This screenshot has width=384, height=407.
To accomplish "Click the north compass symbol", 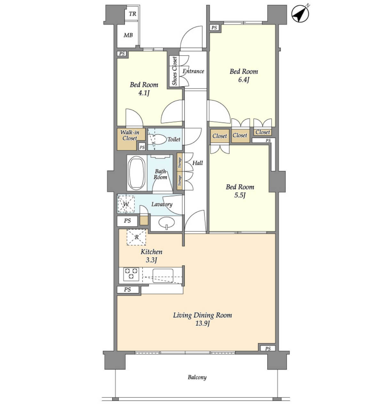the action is [x=300, y=13].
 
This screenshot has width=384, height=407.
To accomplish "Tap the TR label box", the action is [x=132, y=14].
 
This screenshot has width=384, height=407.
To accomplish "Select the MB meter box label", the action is [x=128, y=35].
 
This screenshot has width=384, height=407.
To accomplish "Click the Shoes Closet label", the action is [x=174, y=71].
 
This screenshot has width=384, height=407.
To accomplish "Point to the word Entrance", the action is [x=193, y=71].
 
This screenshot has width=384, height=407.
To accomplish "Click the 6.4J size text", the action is [x=244, y=80].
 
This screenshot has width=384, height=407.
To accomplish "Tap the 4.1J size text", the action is [x=144, y=93].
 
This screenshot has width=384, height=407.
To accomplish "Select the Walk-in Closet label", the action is [x=130, y=135].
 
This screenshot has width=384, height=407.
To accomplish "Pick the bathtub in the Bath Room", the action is [x=136, y=173].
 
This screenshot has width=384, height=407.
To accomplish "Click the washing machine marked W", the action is [x=126, y=204].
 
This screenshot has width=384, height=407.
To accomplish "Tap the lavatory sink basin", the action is [x=166, y=222].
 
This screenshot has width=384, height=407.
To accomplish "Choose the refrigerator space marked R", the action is [x=137, y=237].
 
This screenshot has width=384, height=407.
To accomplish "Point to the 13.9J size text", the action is [x=202, y=323].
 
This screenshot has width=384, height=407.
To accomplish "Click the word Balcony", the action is [x=197, y=377].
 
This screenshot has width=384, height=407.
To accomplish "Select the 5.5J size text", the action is [x=240, y=195].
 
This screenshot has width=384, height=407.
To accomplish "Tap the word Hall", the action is [x=198, y=163].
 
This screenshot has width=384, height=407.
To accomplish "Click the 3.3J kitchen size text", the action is [x=151, y=260].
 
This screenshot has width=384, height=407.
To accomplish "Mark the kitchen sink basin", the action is [x=163, y=276].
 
